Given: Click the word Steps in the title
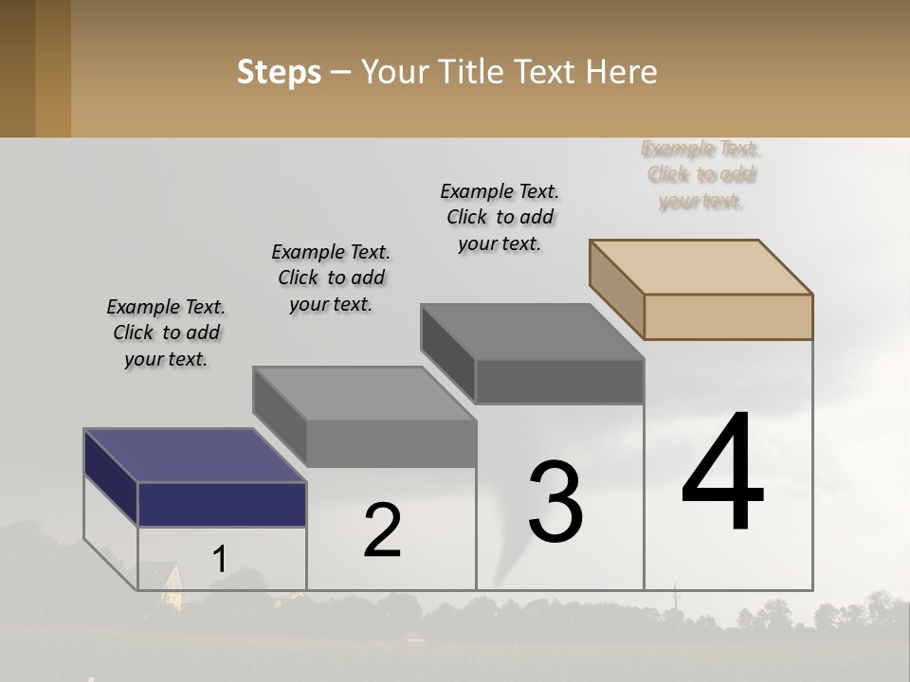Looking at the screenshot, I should click(279, 72).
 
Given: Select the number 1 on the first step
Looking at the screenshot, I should click(219, 560).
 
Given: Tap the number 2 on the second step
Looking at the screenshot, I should click(382, 531).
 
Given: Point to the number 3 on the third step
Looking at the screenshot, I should click(555, 503).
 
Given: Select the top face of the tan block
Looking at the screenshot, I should click(701, 267).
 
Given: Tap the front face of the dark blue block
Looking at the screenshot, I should click(222, 504).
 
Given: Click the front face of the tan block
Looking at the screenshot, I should click(728, 316).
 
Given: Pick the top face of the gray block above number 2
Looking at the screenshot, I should click(364, 393).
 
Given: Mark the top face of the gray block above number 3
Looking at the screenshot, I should click(533, 332).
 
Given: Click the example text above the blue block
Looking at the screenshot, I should click(166, 332).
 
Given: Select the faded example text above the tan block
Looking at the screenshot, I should click(701, 174).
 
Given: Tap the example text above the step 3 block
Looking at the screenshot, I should click(500, 217).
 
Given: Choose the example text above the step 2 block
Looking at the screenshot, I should click(331, 278).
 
